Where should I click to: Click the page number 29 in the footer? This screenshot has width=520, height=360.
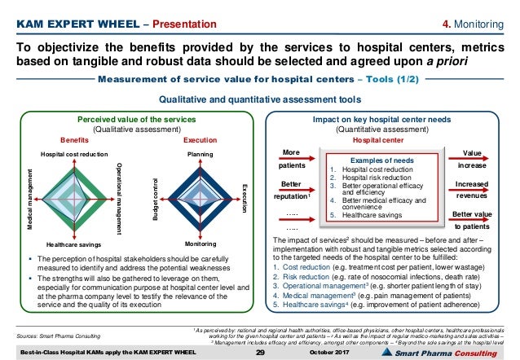[261, 351]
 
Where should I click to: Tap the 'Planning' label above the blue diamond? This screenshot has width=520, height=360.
[200, 153]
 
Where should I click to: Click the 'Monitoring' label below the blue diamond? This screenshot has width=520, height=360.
[200, 244]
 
